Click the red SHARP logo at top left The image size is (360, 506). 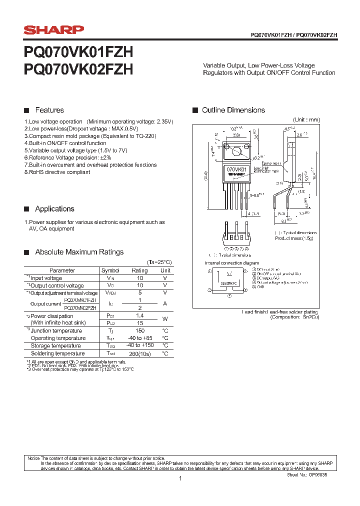[54, 30]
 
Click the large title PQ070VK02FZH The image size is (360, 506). [78, 69]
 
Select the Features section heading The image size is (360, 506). [49, 110]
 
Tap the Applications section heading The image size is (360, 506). [54, 209]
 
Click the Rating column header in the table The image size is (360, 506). [139, 270]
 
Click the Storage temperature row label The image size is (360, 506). [55, 346]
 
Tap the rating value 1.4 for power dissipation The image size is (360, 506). [139, 316]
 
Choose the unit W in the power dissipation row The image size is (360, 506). [165, 319]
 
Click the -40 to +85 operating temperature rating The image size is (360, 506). [139, 338]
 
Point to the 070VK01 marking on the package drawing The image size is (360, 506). [236, 170]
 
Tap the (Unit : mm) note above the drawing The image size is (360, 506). [306, 120]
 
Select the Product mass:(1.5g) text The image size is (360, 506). [294, 238]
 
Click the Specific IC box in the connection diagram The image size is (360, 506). [229, 283]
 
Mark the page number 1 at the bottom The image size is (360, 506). [180, 479]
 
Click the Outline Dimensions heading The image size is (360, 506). [233, 110]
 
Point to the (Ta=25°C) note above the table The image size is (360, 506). [159, 262]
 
